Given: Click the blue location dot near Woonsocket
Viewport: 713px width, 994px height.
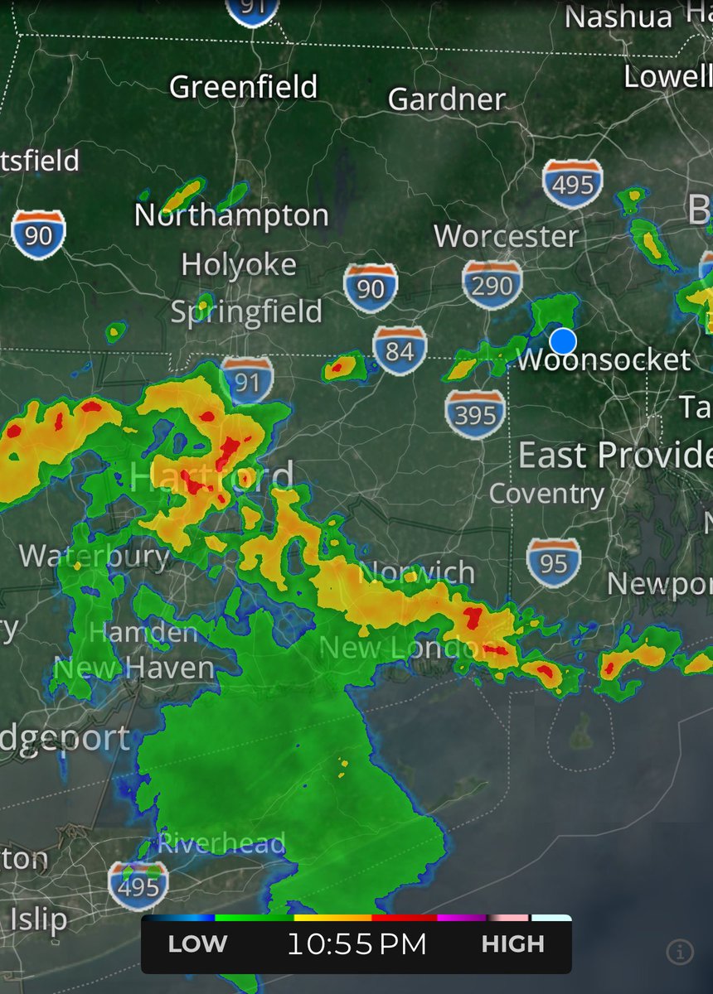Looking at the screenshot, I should tap(563, 340).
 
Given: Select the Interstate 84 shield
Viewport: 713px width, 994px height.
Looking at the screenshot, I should tap(400, 351).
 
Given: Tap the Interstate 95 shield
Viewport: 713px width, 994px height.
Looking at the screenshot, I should tap(553, 563).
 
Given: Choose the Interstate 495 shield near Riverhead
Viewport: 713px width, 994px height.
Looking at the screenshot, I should tap(138, 886).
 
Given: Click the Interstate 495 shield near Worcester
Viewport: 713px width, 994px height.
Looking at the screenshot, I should tap(573, 184).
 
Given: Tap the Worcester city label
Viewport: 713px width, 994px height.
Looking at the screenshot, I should tap(506, 236).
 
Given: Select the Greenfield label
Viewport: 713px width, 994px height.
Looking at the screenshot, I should tap(243, 86).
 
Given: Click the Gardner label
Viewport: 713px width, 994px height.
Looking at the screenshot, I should tap(447, 99).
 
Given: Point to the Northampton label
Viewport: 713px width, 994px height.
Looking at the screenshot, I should tap(231, 215).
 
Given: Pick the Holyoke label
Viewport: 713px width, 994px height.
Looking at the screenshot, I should tap(239, 265).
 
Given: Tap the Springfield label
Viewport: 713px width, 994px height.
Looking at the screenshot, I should tap(246, 312).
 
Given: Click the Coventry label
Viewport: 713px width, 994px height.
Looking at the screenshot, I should tap(546, 495).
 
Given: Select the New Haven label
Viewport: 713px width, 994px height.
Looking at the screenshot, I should tap(134, 668).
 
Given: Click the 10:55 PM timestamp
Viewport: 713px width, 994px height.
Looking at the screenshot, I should tap(356, 944).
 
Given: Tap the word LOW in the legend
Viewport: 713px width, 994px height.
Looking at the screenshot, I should tap(197, 944).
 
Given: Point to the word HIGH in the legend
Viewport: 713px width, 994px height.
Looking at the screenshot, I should tap(513, 944).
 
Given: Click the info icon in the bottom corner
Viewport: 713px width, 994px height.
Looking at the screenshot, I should tap(679, 953).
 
